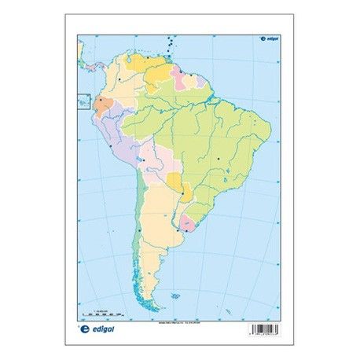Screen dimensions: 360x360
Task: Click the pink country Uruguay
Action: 188,225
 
